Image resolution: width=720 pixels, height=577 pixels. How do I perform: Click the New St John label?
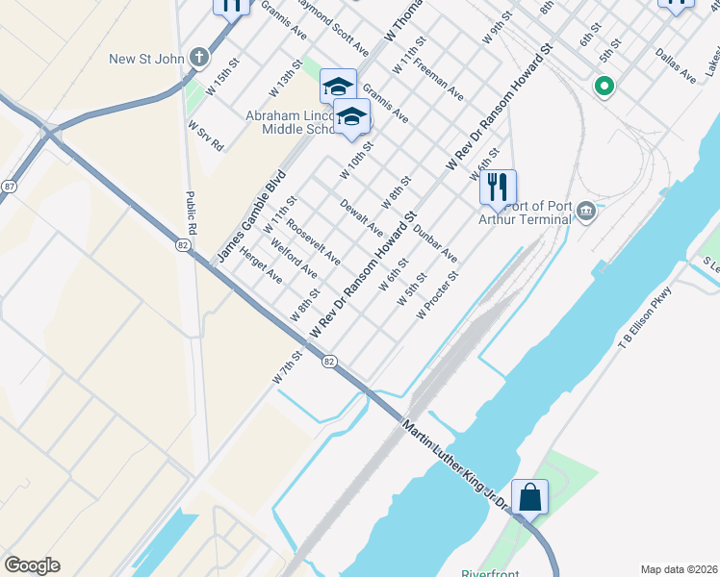pyautogui.click(x=146, y=59)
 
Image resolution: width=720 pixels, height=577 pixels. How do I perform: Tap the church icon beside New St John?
pyautogui.click(x=199, y=58)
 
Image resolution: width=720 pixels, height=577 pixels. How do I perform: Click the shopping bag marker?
pyautogui.click(x=529, y=497)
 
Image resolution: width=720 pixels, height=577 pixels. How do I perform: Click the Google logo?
pyautogui.click(x=32, y=565)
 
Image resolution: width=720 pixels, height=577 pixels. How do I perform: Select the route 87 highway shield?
pyautogui.click(x=7, y=190)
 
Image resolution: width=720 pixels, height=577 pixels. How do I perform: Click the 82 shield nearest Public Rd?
pyautogui.click(x=182, y=246)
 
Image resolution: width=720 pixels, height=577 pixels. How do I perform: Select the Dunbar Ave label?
pyautogui.click(x=435, y=243)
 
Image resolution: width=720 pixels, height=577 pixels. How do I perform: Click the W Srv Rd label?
pyautogui.click(x=206, y=137)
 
